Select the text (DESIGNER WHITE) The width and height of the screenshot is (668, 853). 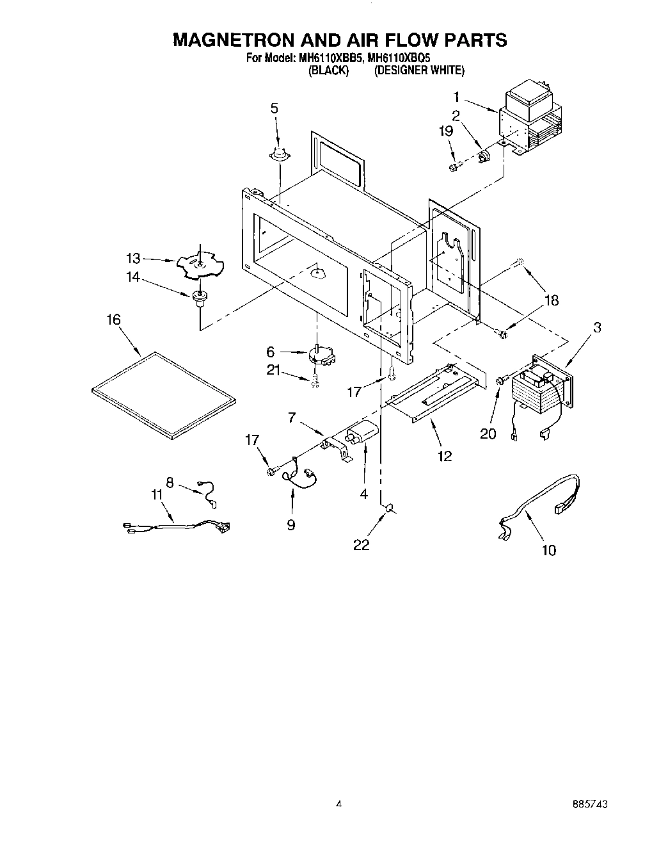point(419,70)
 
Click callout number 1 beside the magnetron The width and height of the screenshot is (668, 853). point(457,97)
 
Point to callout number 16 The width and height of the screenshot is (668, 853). point(113,319)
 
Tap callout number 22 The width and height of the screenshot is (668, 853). point(362,545)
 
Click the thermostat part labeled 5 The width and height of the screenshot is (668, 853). point(279,154)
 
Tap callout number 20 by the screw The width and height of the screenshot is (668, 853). point(488,434)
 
